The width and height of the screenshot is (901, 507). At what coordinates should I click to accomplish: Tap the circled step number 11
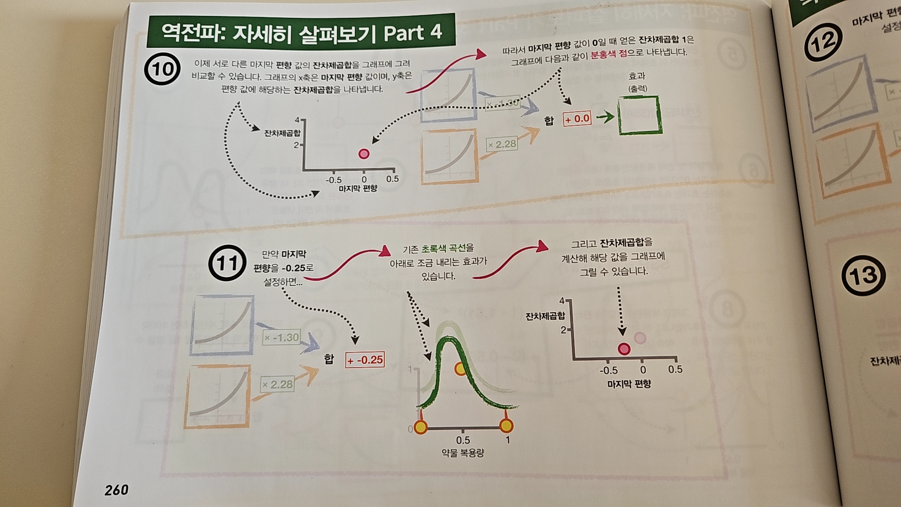[228, 263]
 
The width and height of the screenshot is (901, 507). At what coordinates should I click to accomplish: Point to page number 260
[116, 490]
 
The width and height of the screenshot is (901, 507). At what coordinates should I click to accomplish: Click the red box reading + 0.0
[577, 119]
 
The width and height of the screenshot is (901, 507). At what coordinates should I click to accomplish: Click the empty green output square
[639, 115]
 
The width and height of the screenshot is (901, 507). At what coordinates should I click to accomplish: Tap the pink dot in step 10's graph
[364, 154]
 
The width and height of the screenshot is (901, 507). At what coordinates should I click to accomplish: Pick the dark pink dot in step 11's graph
[624, 348]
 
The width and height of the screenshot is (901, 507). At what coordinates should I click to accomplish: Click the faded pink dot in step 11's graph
[640, 338]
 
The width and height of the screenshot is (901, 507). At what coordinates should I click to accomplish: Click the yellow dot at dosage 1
[506, 426]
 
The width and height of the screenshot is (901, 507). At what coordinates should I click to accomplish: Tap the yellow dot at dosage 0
[421, 427]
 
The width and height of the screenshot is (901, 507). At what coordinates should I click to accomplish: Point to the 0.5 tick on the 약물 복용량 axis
[463, 440]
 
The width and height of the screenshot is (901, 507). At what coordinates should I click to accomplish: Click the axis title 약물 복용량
[463, 453]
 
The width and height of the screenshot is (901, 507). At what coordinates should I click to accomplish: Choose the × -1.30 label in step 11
[282, 338]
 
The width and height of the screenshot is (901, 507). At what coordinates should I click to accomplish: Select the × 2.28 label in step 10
[502, 144]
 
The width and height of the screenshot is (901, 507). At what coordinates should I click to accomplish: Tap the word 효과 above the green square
[637, 76]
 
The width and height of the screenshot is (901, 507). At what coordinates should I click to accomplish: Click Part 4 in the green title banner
[412, 33]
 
